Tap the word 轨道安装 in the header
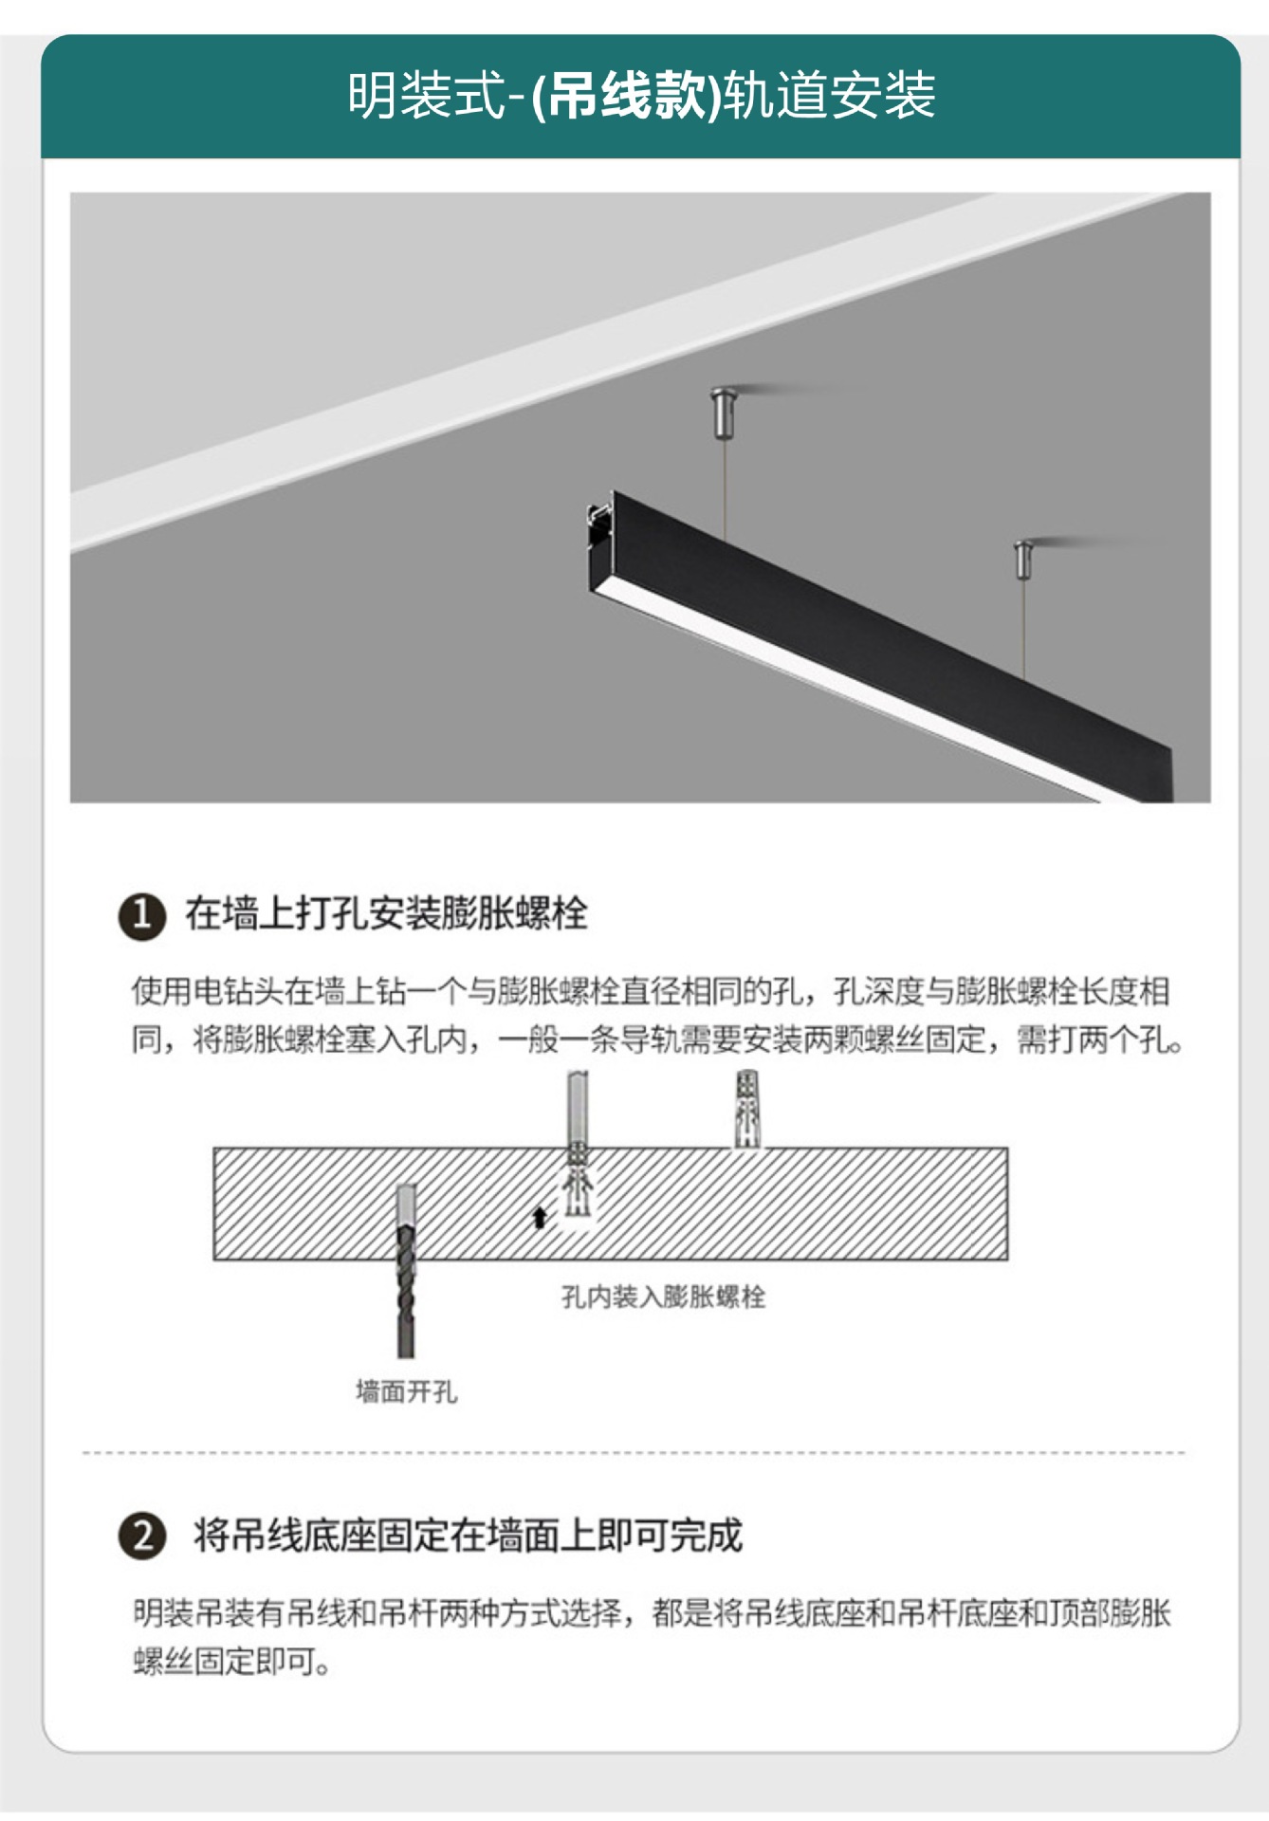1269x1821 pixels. [829, 96]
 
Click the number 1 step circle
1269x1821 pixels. [142, 915]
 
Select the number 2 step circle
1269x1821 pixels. [142, 1536]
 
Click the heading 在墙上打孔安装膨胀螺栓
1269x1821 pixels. [386, 913]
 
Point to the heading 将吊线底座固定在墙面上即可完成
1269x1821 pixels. [468, 1536]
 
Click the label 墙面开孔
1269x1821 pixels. [406, 1391]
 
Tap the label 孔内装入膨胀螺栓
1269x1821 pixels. [663, 1297]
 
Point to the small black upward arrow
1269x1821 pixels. [540, 1217]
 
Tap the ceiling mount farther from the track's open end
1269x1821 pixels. [1024, 559]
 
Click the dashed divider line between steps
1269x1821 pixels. [634, 1452]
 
